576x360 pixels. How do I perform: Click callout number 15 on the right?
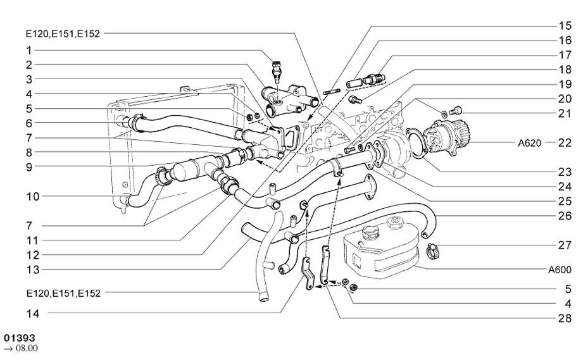(565, 25)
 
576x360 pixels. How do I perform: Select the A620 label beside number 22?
(529, 143)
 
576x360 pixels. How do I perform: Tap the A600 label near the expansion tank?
(560, 270)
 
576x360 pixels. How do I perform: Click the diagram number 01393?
(20, 338)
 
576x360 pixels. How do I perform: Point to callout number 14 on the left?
(33, 314)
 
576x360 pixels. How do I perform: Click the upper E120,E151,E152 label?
(63, 34)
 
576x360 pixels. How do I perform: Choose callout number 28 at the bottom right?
(565, 318)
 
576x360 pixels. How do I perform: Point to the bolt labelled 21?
(456, 110)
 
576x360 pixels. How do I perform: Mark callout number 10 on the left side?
(33, 197)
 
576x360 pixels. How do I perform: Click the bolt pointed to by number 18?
(355, 99)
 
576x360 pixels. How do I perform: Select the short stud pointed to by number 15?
(330, 92)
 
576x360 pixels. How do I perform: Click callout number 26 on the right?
(565, 216)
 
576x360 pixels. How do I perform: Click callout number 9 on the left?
(29, 167)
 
